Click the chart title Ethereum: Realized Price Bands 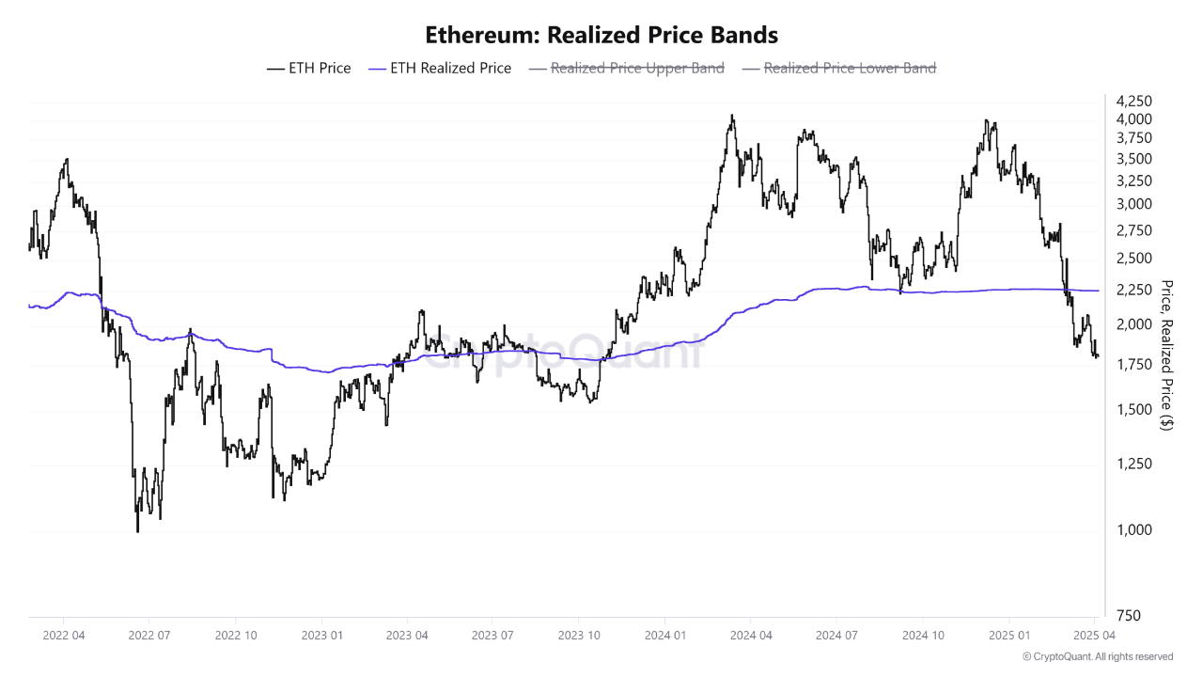601,36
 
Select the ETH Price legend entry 309,68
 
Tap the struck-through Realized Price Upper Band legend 627,68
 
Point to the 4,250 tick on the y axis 1133,101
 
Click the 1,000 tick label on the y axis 1133,530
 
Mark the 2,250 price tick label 1133,290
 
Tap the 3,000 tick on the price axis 1133,204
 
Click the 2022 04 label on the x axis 63,635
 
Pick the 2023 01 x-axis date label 320,635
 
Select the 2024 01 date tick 664,635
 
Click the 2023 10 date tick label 579,635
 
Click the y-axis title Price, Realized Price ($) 1167,354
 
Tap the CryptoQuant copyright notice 1098,656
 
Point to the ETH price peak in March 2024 732,116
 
